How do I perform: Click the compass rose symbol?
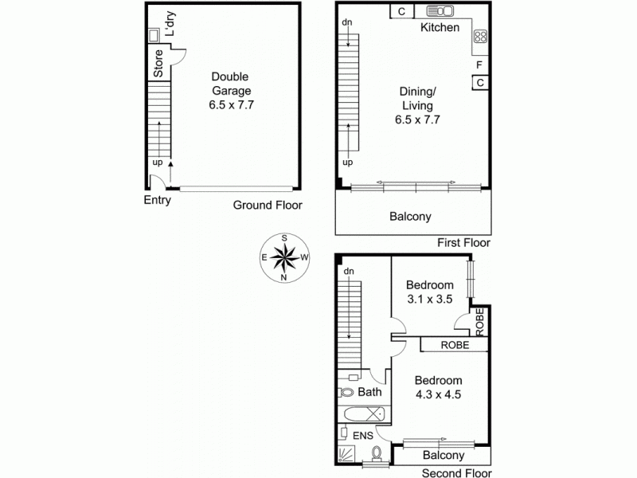(284, 257)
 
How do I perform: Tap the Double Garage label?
(231, 84)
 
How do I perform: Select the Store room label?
(158, 64)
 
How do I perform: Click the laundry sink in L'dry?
(154, 35)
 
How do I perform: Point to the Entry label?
(157, 200)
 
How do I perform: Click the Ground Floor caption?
(268, 205)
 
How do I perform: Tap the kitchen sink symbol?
(440, 11)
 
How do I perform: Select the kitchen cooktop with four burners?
(480, 37)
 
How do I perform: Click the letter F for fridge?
(479, 65)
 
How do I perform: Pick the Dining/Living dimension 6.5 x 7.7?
(417, 119)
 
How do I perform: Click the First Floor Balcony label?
(410, 216)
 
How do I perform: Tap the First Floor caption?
(463, 243)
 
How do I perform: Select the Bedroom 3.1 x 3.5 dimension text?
(430, 300)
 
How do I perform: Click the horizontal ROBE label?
(455, 345)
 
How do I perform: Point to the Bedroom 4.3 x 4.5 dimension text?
(439, 394)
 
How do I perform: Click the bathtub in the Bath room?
(365, 414)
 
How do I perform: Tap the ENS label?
(363, 436)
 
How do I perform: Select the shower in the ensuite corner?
(346, 454)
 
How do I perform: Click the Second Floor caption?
(456, 472)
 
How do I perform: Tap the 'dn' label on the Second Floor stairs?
(349, 271)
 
